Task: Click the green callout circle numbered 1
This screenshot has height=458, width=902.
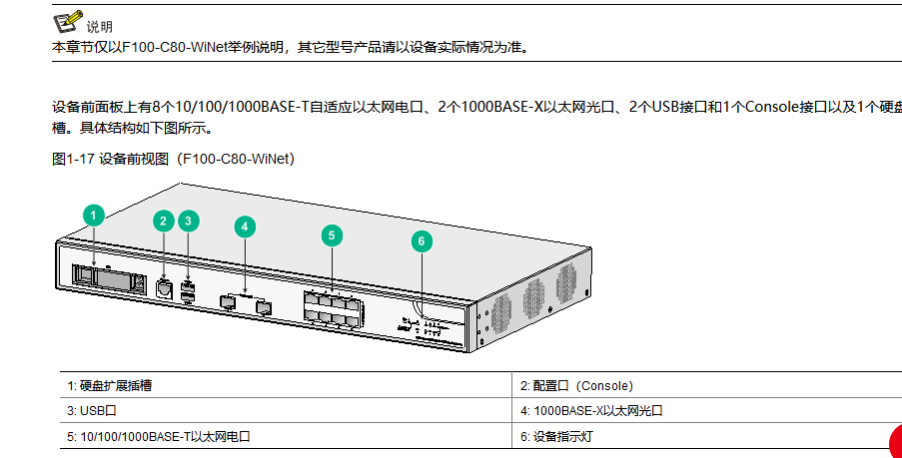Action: pyautogui.click(x=93, y=215)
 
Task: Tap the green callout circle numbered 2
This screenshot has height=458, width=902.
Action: pyautogui.click(x=164, y=222)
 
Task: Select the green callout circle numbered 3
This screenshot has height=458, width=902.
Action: pyautogui.click(x=189, y=222)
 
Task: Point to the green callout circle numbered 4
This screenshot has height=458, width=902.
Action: pyautogui.click(x=245, y=227)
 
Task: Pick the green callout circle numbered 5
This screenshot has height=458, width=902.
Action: pyautogui.click(x=333, y=235)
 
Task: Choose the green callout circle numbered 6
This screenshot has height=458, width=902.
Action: pyautogui.click(x=422, y=240)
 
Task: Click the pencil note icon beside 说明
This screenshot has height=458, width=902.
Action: pyautogui.click(x=67, y=21)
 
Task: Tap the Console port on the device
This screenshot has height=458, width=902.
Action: pyautogui.click(x=165, y=289)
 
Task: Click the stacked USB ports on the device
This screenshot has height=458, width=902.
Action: pyautogui.click(x=190, y=291)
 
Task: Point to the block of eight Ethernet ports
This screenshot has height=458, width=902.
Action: pyautogui.click(x=331, y=307)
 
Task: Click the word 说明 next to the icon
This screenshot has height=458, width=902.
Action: pyautogui.click(x=100, y=26)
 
